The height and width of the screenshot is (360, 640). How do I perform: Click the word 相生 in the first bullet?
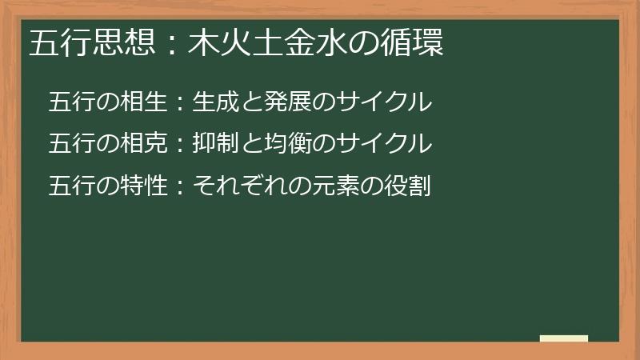pyautogui.click(x=146, y=102)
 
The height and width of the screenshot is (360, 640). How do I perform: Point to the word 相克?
pyautogui.click(x=146, y=144)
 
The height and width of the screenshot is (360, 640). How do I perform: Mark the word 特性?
pyautogui.click(x=146, y=186)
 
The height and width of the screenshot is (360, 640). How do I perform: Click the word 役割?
pyautogui.click(x=405, y=186)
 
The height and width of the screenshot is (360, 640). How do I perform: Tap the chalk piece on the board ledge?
pyautogui.click(x=564, y=338)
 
